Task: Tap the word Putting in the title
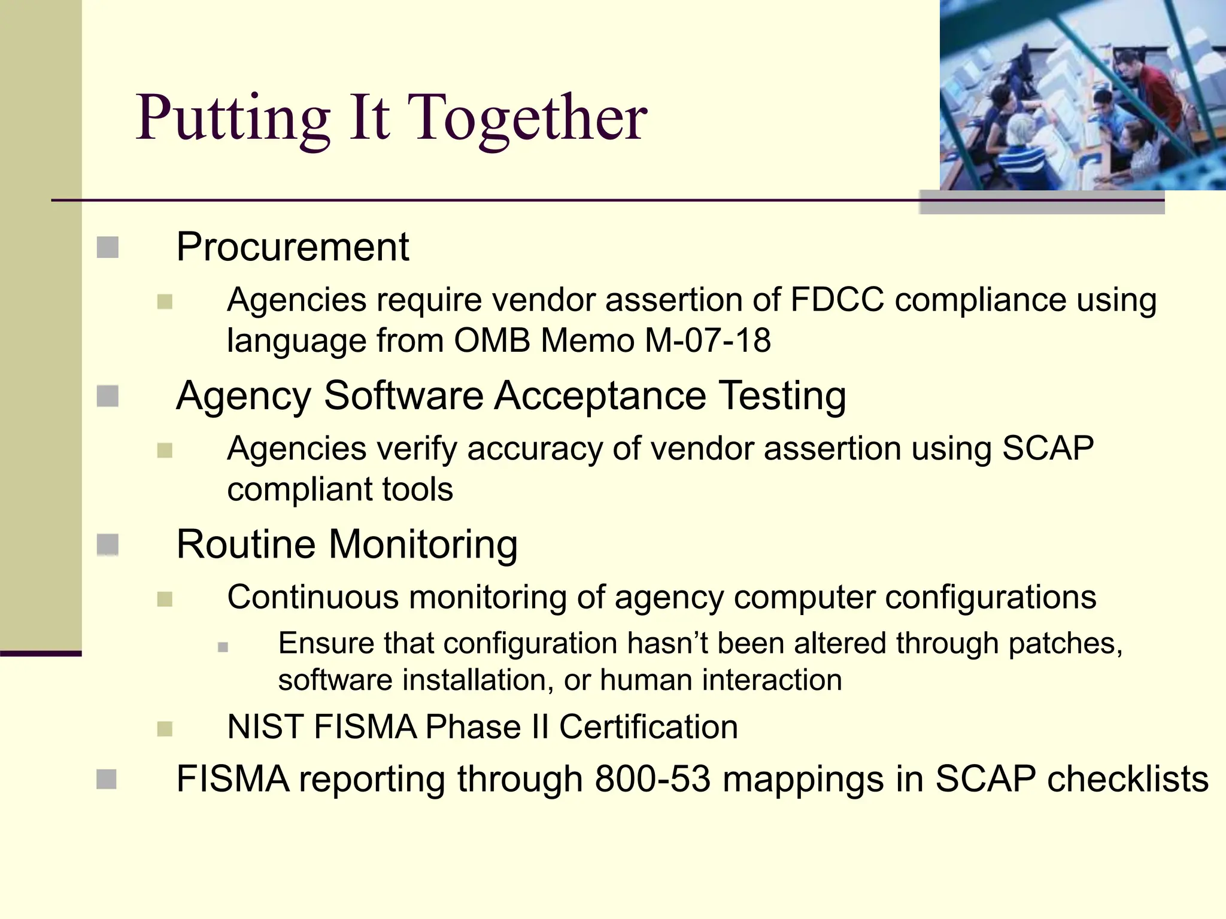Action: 232,118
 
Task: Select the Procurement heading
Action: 292,247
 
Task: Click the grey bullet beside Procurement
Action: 108,247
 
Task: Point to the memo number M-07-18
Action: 708,340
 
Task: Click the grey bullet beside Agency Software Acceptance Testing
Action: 108,395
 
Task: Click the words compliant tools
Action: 340,489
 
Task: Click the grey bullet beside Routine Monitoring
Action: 108,544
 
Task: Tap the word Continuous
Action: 312,597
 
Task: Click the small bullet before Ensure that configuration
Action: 223,647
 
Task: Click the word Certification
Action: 648,727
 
